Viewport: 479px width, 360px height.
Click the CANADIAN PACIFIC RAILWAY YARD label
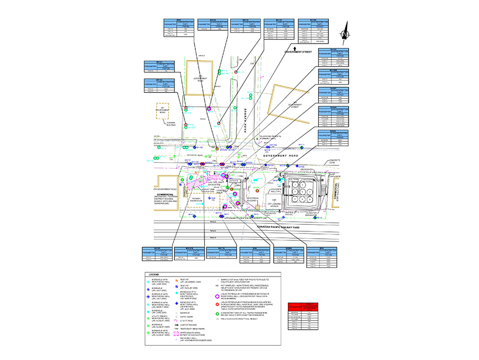tap(278, 227)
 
